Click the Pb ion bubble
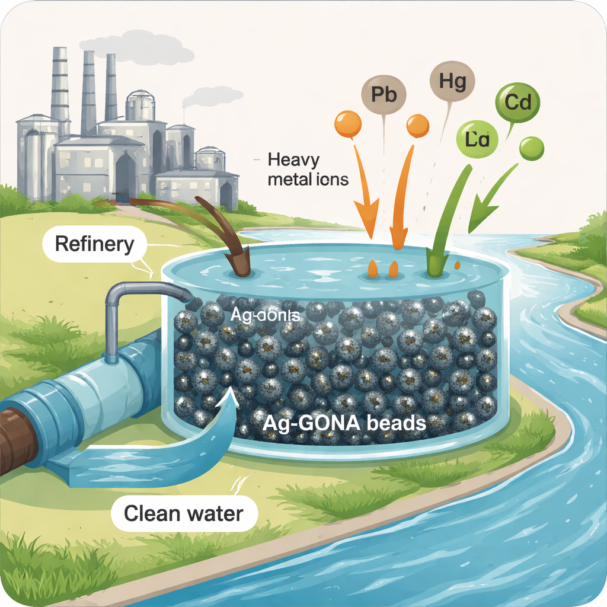click(x=383, y=94)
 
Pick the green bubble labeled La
click(x=478, y=140)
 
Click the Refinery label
click(x=94, y=244)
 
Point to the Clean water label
click(x=183, y=512)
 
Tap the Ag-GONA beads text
click(x=346, y=423)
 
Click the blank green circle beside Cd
click(x=531, y=148)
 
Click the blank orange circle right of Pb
click(x=417, y=126)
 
